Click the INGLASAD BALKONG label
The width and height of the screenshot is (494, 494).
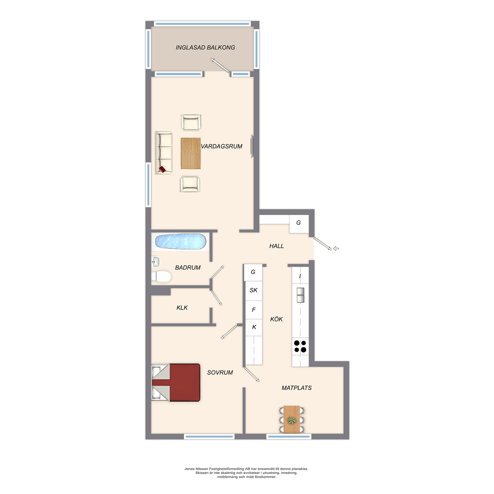coord(205,48)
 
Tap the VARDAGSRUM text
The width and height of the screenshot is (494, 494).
coord(221,146)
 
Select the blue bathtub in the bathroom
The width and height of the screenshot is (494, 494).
coord(181,242)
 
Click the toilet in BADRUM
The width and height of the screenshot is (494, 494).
coord(161,276)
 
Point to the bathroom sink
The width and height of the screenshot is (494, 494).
coord(155,262)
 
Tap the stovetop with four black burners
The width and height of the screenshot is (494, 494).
coord(300,346)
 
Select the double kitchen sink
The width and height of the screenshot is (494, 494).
coord(300,295)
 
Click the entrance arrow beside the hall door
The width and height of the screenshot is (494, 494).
coord(336,248)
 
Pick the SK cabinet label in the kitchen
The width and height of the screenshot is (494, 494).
coord(254,290)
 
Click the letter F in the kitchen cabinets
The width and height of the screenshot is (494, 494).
coord(254,310)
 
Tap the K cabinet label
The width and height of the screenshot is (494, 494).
coord(254,327)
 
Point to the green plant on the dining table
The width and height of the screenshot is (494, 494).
coord(292,420)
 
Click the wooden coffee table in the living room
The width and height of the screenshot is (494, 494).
coord(190,153)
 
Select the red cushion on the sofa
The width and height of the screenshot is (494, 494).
coord(162,169)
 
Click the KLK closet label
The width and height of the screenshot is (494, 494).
coord(182,308)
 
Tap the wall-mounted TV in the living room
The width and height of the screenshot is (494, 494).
coord(252,146)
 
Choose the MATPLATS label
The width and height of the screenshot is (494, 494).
coord(297,388)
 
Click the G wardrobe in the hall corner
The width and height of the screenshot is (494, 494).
coord(299,224)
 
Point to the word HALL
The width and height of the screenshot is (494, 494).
coord(277,246)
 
